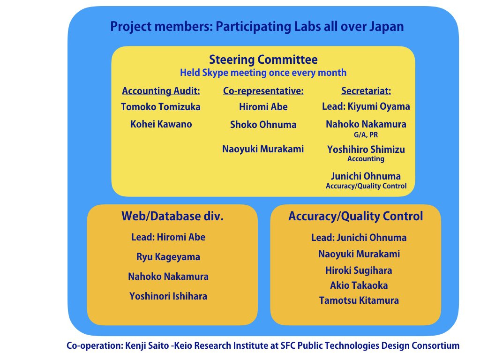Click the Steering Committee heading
point(263,60)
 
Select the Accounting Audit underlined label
point(161,91)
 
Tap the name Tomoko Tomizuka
point(161,107)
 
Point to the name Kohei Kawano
point(161,124)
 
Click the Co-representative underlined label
point(263,91)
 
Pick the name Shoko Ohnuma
point(263,125)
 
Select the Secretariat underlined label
point(366,91)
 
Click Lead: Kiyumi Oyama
point(366,106)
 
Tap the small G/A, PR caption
point(366,135)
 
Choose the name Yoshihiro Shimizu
point(366,150)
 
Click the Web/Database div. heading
point(172,216)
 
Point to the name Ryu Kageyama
point(168,257)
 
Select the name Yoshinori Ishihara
point(168,296)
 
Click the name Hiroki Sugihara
point(359,270)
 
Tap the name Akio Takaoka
point(359,285)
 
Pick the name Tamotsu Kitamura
point(359,300)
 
